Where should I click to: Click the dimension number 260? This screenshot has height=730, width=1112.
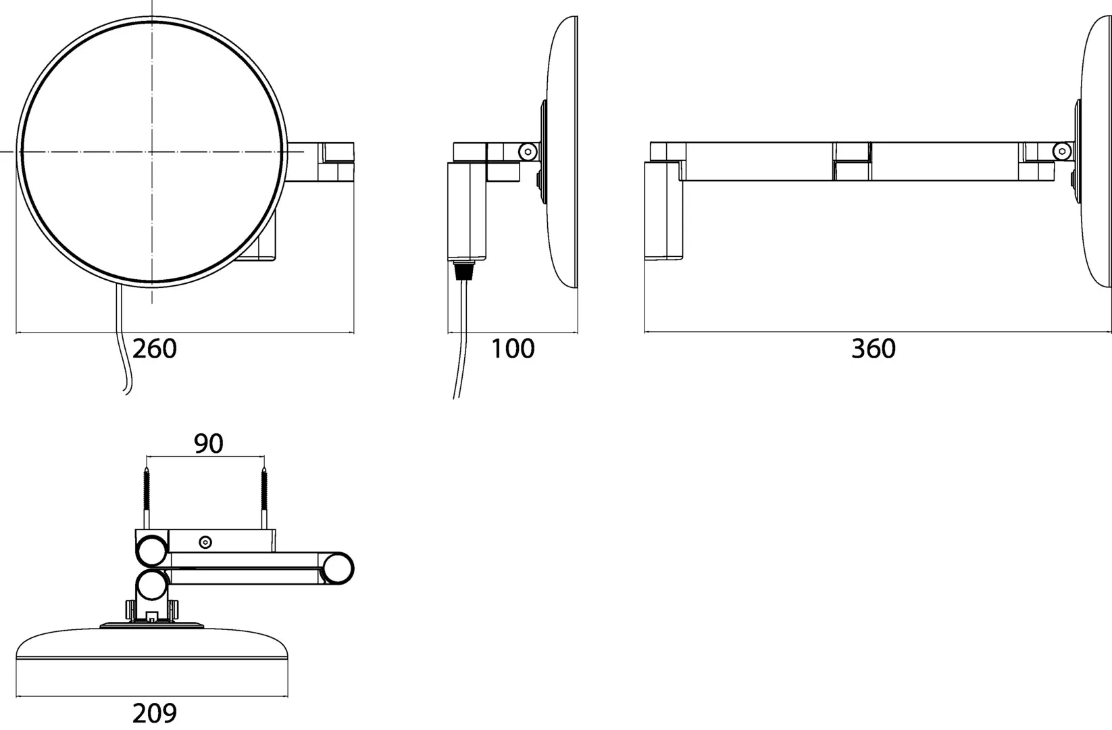pos(154,349)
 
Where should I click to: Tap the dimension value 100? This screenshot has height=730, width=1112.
pos(512,349)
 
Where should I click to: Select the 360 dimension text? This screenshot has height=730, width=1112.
pos(873,349)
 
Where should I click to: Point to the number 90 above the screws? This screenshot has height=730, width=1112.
pos(208,443)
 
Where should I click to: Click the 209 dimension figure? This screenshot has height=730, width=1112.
pos(154,713)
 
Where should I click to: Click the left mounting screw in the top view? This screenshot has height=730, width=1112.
pos(146,497)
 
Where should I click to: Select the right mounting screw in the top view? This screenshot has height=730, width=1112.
pos(264,497)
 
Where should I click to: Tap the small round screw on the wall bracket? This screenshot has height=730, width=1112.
pos(205,541)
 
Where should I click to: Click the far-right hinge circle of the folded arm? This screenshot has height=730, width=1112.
pos(337,568)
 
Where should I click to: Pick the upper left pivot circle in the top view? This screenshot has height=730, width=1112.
pos(152,550)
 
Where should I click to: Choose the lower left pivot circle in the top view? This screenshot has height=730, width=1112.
pos(152,585)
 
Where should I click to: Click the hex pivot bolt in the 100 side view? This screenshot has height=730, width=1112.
pos(528,152)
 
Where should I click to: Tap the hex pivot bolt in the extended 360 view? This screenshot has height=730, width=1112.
pos(1063,152)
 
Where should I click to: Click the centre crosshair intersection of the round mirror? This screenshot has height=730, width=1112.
pos(152,151)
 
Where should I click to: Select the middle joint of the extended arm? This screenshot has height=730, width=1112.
pos(852,161)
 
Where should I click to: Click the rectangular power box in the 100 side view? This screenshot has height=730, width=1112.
pos(466,211)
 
